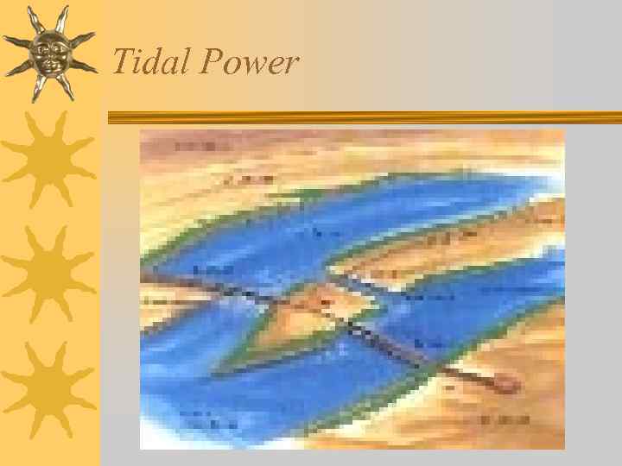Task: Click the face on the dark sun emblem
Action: tap(49, 51)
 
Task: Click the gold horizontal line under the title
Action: tap(363, 116)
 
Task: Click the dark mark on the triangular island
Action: tap(326, 301)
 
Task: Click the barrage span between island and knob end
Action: tap(415, 349)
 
